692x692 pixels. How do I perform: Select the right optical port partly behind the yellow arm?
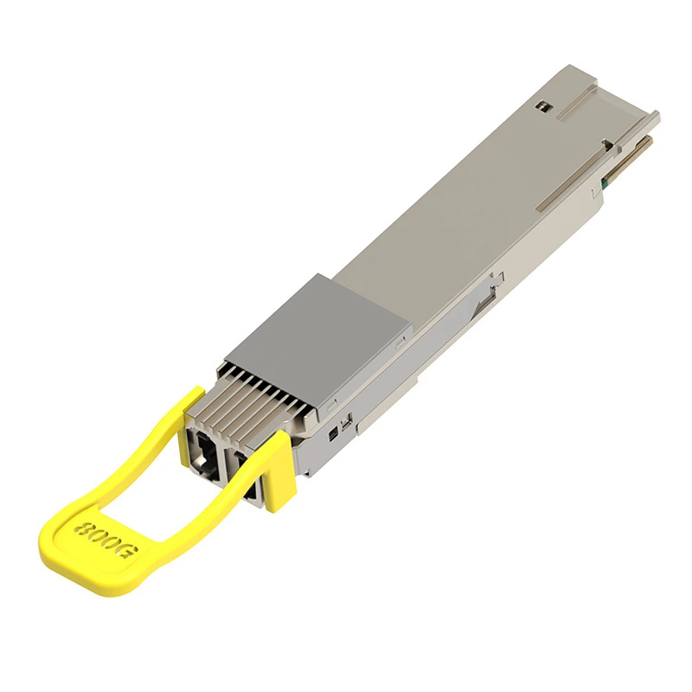click(x=247, y=477)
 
